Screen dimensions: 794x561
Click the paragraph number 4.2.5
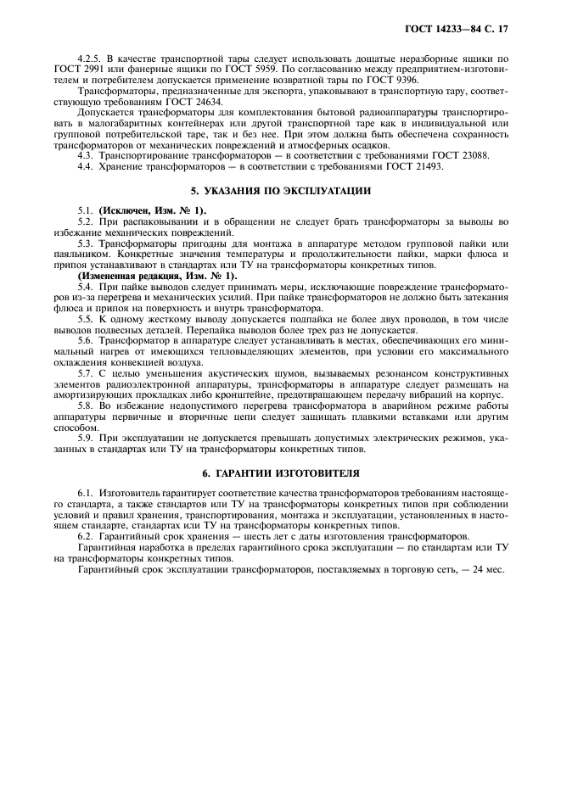pyautogui.click(x=91, y=54)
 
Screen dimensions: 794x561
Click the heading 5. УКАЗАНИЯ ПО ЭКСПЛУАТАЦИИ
pyautogui.click(x=280, y=190)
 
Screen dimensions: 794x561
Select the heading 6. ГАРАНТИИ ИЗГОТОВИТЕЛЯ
pyautogui.click(x=280, y=471)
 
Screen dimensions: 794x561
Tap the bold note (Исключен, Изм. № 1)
pyautogui.click(x=154, y=210)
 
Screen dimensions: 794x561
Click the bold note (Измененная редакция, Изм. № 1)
pyautogui.click(x=157, y=276)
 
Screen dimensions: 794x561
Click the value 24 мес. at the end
pyautogui.click(x=486, y=569)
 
